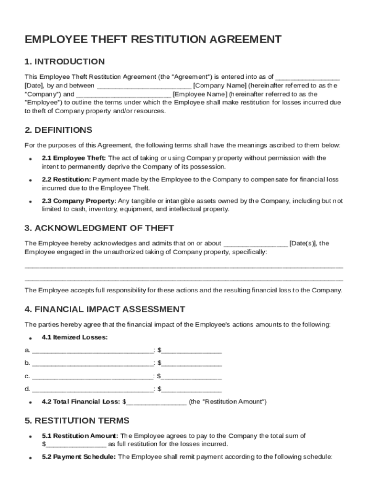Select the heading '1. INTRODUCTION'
[65, 62]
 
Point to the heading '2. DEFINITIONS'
[58, 130]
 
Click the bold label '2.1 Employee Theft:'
[74, 158]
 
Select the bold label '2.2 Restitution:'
[66, 180]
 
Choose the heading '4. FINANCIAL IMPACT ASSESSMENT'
[105, 309]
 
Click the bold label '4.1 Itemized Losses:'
[75, 337]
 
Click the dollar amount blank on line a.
[192, 351]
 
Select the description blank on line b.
[93, 363]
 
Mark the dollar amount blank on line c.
[192, 376]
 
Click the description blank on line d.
[93, 389]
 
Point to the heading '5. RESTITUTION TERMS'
[77, 421]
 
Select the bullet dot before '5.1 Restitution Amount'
[30, 437]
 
